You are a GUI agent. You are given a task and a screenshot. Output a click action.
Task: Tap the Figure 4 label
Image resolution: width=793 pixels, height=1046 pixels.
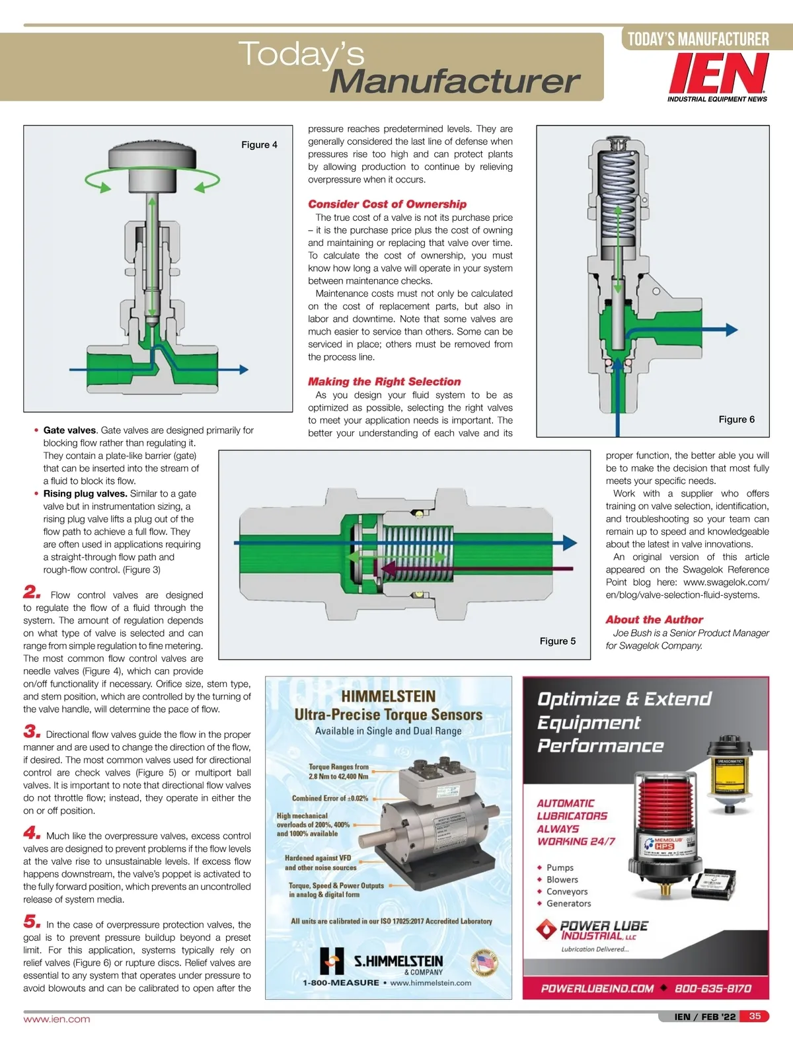pos(259,145)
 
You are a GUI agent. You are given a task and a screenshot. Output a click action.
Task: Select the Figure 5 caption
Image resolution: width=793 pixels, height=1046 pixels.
pos(557,641)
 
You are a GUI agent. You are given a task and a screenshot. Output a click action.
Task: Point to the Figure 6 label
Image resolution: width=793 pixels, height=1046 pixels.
pos(736,419)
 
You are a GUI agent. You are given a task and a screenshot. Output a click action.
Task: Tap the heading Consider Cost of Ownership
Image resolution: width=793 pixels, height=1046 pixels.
pos(387,204)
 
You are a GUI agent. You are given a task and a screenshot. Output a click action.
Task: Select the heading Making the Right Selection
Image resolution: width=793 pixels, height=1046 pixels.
pos(384,382)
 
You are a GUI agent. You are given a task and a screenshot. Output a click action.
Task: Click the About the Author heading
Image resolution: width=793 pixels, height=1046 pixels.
pos(654,620)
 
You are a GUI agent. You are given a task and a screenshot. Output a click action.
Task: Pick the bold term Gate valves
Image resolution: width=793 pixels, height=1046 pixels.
pos(69,430)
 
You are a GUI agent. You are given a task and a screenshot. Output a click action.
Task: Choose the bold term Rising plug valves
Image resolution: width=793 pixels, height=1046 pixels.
pos(85,494)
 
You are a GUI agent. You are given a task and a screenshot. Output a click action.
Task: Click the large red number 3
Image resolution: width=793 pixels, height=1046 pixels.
pos(32,731)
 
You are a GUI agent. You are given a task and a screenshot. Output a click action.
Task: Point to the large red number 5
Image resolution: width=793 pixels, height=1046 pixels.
pos(32,922)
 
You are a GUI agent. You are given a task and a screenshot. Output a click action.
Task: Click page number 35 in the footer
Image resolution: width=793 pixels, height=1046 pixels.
pos(755,1016)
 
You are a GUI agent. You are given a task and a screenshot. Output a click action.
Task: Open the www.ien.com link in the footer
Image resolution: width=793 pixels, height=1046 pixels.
pos(57,1020)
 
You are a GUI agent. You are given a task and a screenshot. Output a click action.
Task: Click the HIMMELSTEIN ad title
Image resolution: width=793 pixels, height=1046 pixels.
pos(388,696)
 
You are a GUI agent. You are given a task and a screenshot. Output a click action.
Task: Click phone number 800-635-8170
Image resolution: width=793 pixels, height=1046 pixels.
pos(712,988)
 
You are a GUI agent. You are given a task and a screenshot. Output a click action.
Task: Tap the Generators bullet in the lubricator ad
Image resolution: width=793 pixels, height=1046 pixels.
pos(568,904)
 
